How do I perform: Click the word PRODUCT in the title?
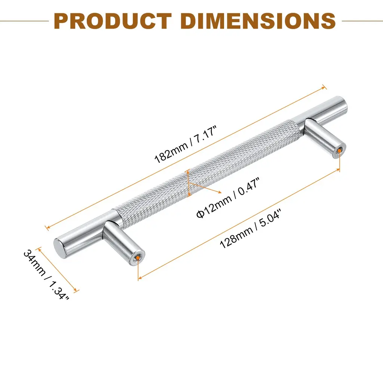click(113, 21)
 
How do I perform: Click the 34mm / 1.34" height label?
click(46, 275)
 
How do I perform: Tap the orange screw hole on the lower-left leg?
click(138, 257)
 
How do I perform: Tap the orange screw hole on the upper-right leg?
click(339, 151)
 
